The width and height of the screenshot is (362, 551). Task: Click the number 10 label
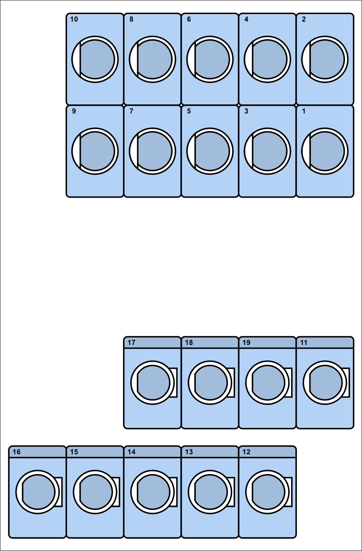coord(74,19)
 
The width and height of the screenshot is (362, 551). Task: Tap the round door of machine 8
coord(152,59)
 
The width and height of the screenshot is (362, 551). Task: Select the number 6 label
coord(189,19)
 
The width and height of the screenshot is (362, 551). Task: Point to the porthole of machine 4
coord(267,59)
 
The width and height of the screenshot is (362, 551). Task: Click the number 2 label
coord(304,19)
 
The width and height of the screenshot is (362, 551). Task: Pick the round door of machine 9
coord(95,151)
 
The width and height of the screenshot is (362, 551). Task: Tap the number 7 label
coord(131,111)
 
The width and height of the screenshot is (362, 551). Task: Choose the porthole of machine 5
coord(210,151)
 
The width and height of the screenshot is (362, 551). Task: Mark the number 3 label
coord(246,111)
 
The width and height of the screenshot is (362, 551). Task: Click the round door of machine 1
coord(325,151)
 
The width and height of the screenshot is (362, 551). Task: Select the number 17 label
coord(131,342)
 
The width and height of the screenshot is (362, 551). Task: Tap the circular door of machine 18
coord(210,383)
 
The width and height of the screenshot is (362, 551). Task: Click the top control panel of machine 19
coord(267,342)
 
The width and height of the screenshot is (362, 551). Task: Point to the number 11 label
coord(304,342)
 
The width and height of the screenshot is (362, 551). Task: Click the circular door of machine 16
coord(37,492)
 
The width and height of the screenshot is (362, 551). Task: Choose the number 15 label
coord(74,452)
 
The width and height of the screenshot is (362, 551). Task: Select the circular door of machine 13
coord(210,492)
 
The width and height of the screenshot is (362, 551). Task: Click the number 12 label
coord(246,452)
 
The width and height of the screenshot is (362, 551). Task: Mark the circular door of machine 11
coord(325,383)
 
